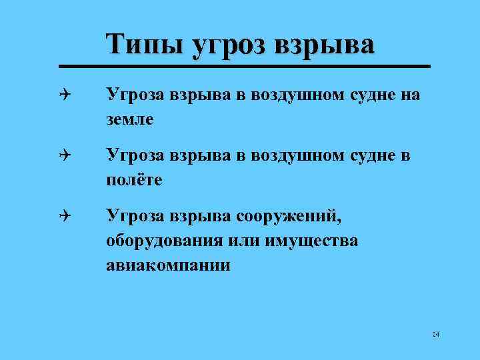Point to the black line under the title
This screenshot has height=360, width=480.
[x=244, y=67]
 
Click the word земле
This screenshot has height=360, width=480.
[x=129, y=120]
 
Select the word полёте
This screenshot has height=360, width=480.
[x=134, y=180]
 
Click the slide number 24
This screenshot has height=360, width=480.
[x=435, y=335]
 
